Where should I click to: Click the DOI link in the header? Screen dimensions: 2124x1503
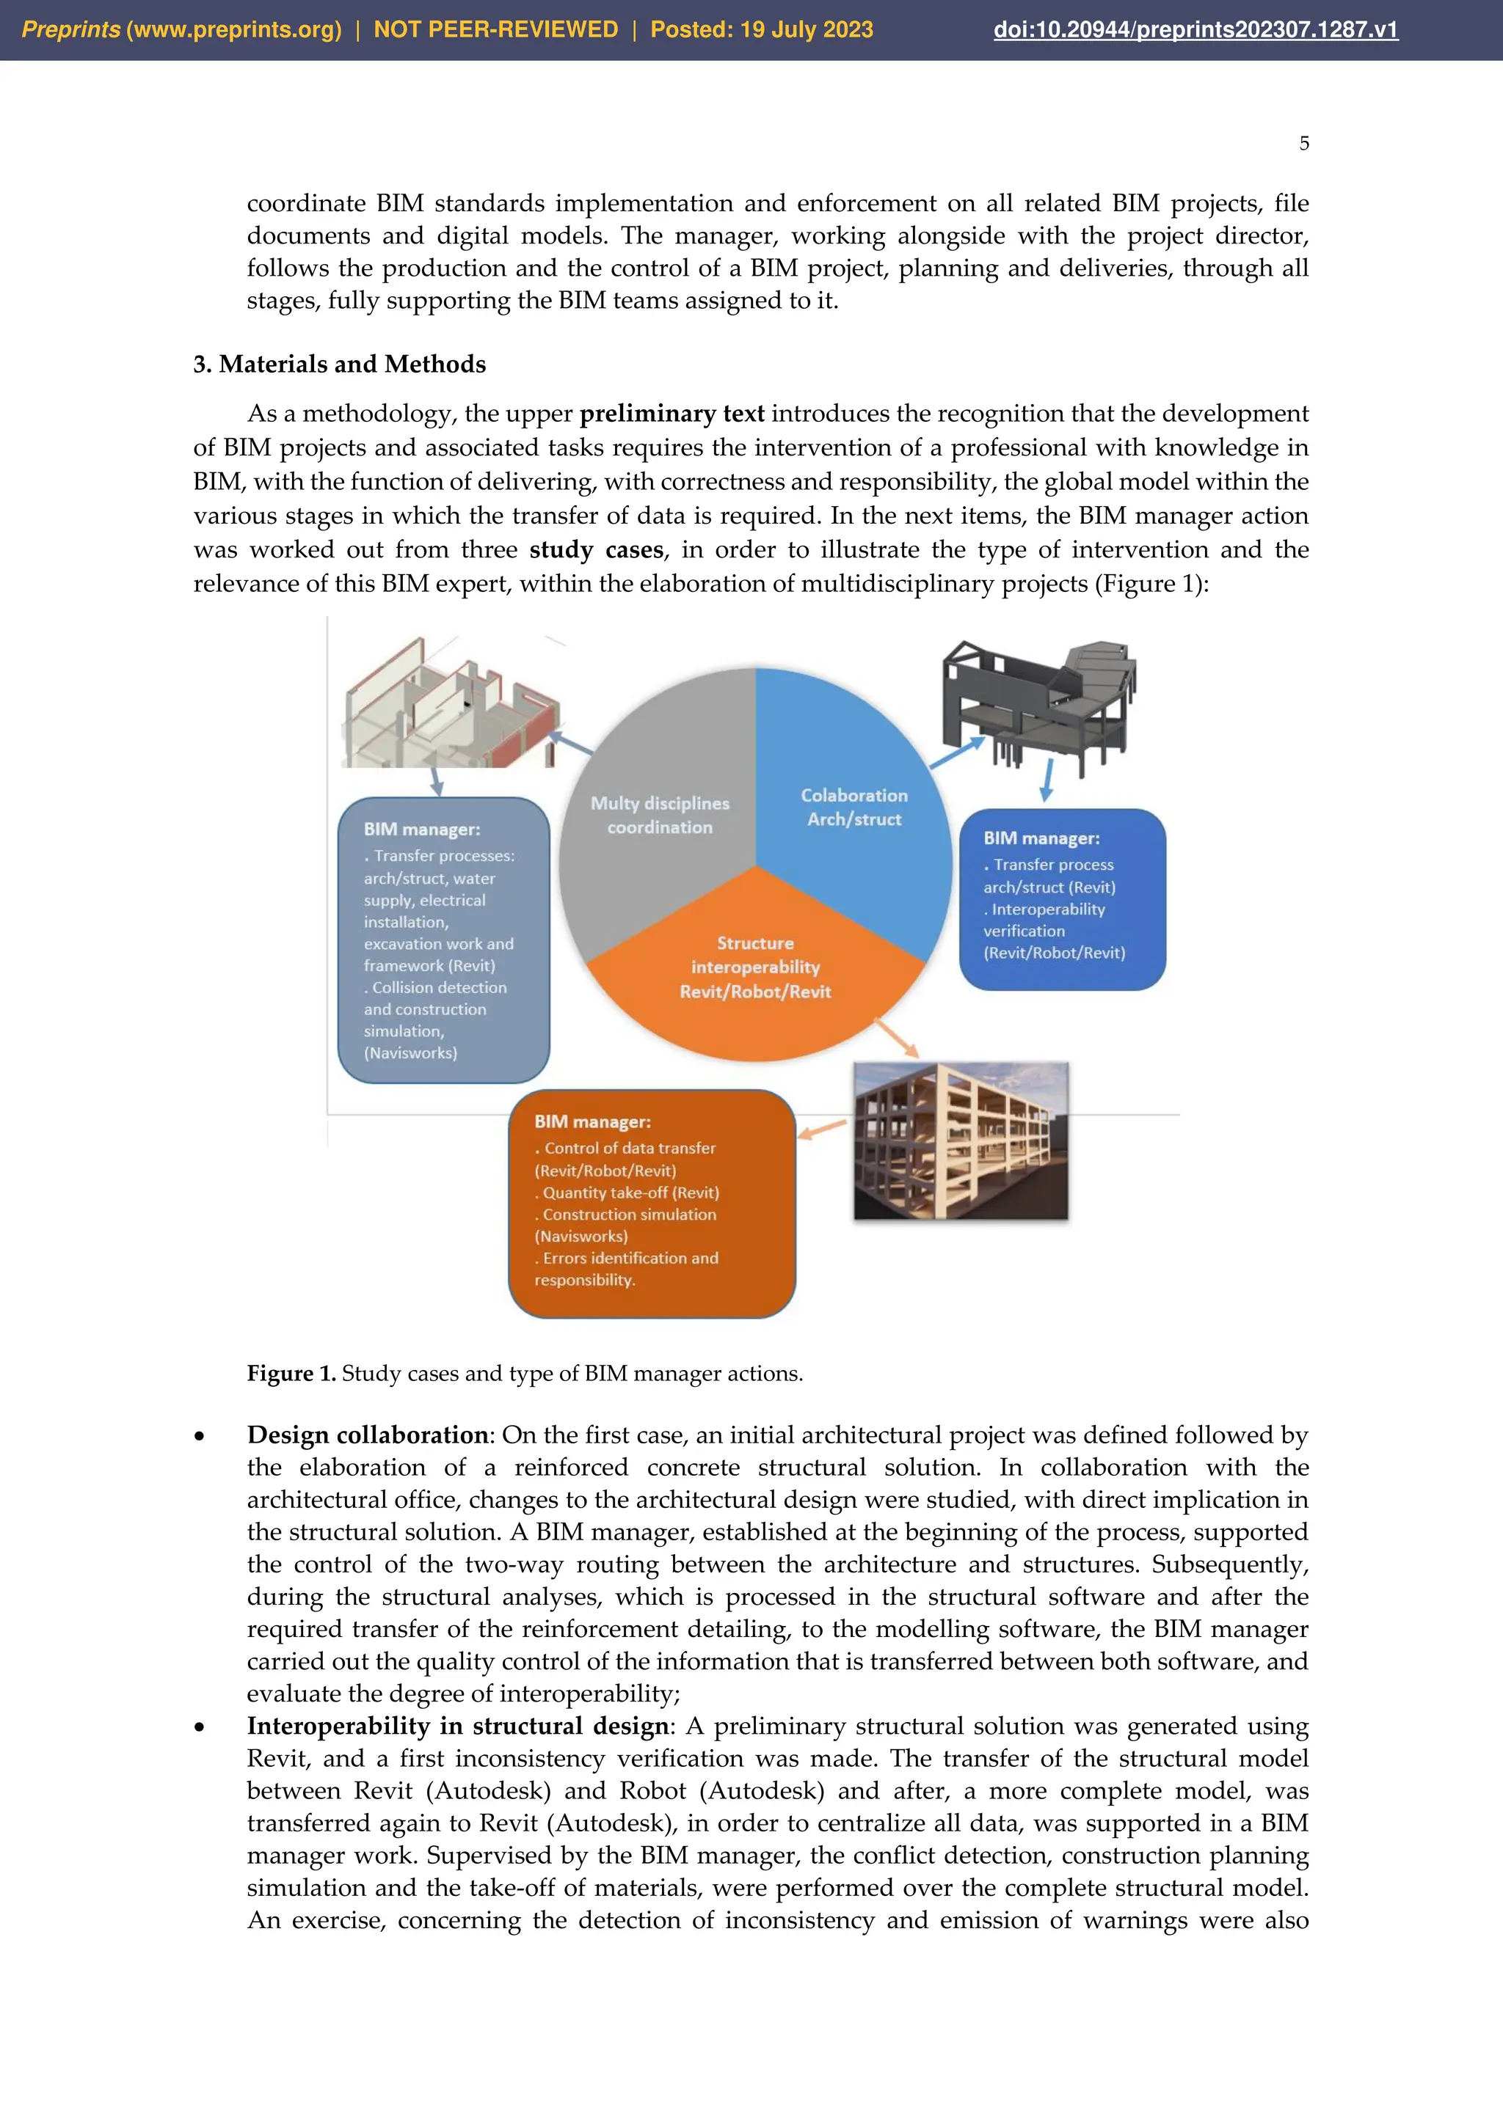1195,29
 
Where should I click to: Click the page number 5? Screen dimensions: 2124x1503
1303,144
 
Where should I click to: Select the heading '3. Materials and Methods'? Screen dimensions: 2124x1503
339,365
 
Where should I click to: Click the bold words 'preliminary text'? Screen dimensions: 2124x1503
672,414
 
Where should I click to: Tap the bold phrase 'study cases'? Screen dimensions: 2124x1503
596,549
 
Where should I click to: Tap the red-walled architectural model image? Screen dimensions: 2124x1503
451,708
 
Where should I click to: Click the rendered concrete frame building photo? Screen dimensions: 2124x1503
961,1141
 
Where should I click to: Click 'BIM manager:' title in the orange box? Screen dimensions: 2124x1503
592,1122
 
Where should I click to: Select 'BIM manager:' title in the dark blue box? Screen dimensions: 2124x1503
1041,838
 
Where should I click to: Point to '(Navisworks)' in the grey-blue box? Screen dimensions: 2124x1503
410,1052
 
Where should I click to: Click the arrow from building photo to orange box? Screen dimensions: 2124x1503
823,1129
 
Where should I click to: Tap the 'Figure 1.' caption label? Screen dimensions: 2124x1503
291,1374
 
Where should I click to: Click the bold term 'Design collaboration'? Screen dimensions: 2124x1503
368,1435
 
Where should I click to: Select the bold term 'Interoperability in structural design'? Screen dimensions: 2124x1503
457,1726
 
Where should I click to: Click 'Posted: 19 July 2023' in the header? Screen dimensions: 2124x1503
761,29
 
